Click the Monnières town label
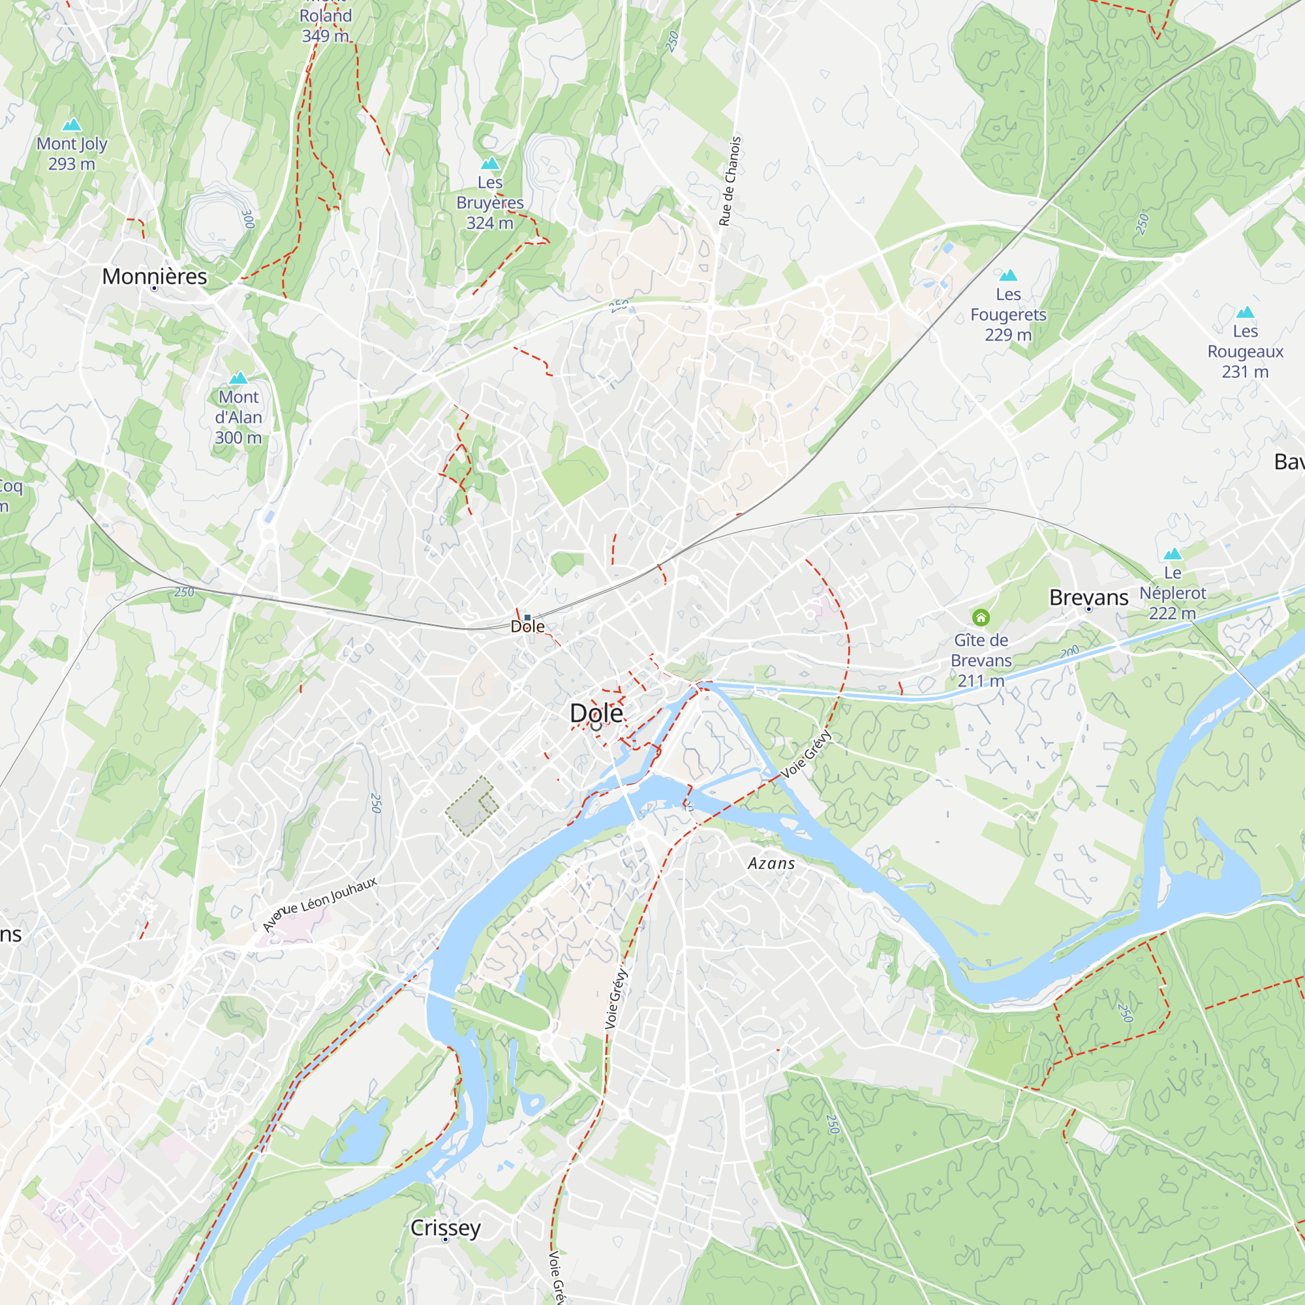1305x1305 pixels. [x=154, y=276]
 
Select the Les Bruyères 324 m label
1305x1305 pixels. [x=490, y=203]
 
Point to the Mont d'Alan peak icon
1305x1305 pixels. [x=238, y=378]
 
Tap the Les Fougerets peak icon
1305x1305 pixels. [x=1008, y=275]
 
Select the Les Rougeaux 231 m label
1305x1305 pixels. [x=1245, y=351]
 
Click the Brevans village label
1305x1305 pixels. [x=1088, y=597]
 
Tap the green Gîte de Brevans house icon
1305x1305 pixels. [x=981, y=617]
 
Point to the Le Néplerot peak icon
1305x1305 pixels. [x=1173, y=554]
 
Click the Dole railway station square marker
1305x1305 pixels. [x=527, y=617]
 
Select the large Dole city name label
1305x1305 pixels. [x=596, y=713]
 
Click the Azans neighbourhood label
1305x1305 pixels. [x=771, y=863]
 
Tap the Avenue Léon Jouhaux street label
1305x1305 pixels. [x=320, y=904]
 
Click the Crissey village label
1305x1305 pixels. [x=445, y=1227]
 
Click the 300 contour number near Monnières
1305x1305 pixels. [x=248, y=219]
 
